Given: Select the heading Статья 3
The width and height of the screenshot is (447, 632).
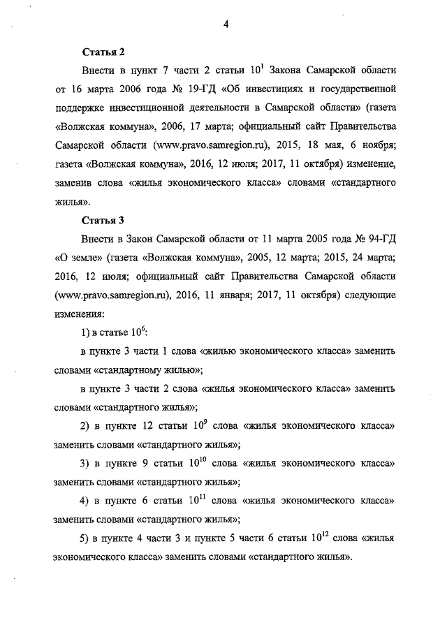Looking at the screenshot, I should [103, 221].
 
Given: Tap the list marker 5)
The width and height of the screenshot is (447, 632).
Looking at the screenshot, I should [87, 541].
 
